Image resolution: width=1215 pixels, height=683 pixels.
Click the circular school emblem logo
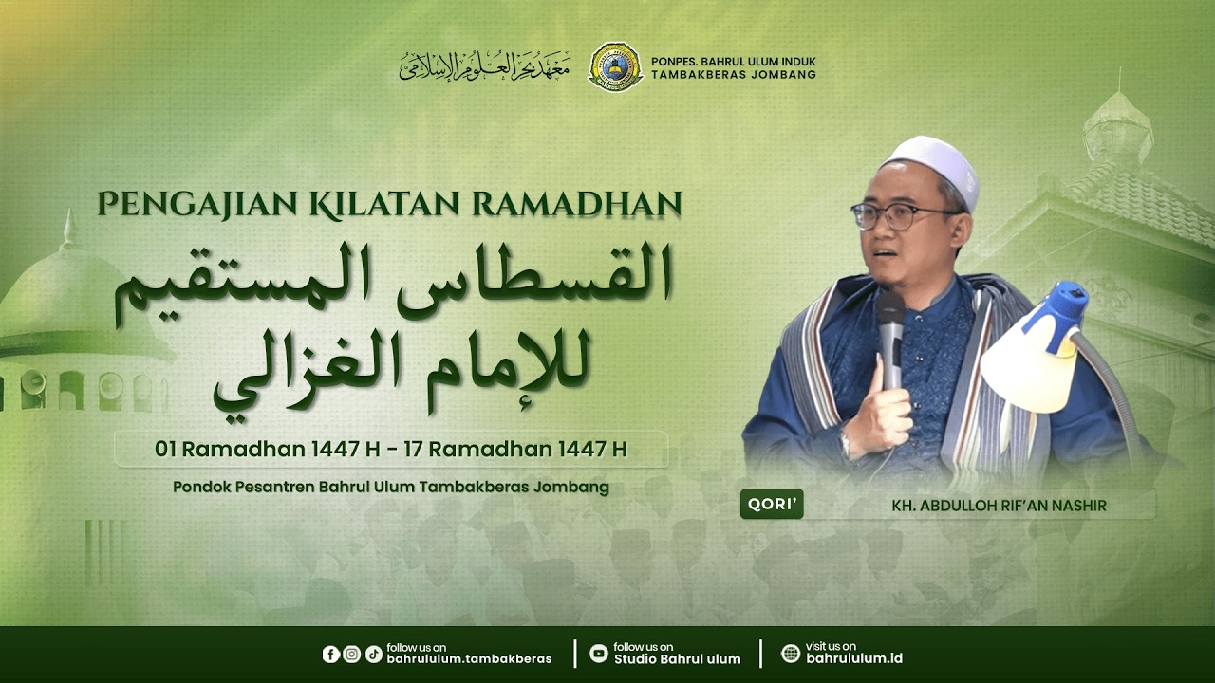(x=615, y=66)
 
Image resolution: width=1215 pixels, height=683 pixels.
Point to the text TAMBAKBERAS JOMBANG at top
(x=734, y=75)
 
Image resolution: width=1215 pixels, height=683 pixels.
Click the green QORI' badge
(x=772, y=505)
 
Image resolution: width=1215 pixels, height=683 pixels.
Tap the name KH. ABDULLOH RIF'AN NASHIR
(x=1000, y=506)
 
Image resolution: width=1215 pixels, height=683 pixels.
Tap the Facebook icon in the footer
(x=331, y=654)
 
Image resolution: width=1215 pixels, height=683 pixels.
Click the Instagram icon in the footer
(x=352, y=654)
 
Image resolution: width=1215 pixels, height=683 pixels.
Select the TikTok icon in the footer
(x=373, y=654)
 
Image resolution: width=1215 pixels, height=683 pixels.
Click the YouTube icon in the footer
(x=598, y=654)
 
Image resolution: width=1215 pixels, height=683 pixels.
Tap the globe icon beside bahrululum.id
(x=791, y=654)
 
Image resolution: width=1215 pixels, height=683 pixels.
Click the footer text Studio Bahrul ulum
(x=677, y=659)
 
